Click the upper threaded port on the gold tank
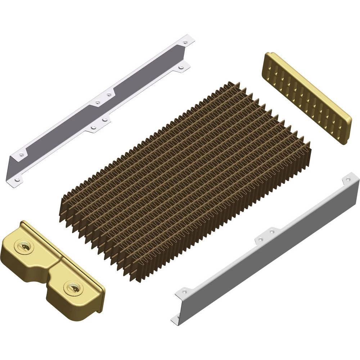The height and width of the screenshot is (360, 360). tap(24, 247)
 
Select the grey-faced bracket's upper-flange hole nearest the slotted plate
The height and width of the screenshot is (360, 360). tap(185, 42)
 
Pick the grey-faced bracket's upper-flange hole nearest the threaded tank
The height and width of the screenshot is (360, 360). tap(21, 154)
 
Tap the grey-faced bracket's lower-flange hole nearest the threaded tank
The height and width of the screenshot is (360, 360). tap(17, 179)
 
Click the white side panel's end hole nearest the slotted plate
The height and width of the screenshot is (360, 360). tap(347, 179)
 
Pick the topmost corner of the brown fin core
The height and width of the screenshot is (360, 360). tap(229, 84)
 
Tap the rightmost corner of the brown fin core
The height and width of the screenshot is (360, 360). tap(310, 144)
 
